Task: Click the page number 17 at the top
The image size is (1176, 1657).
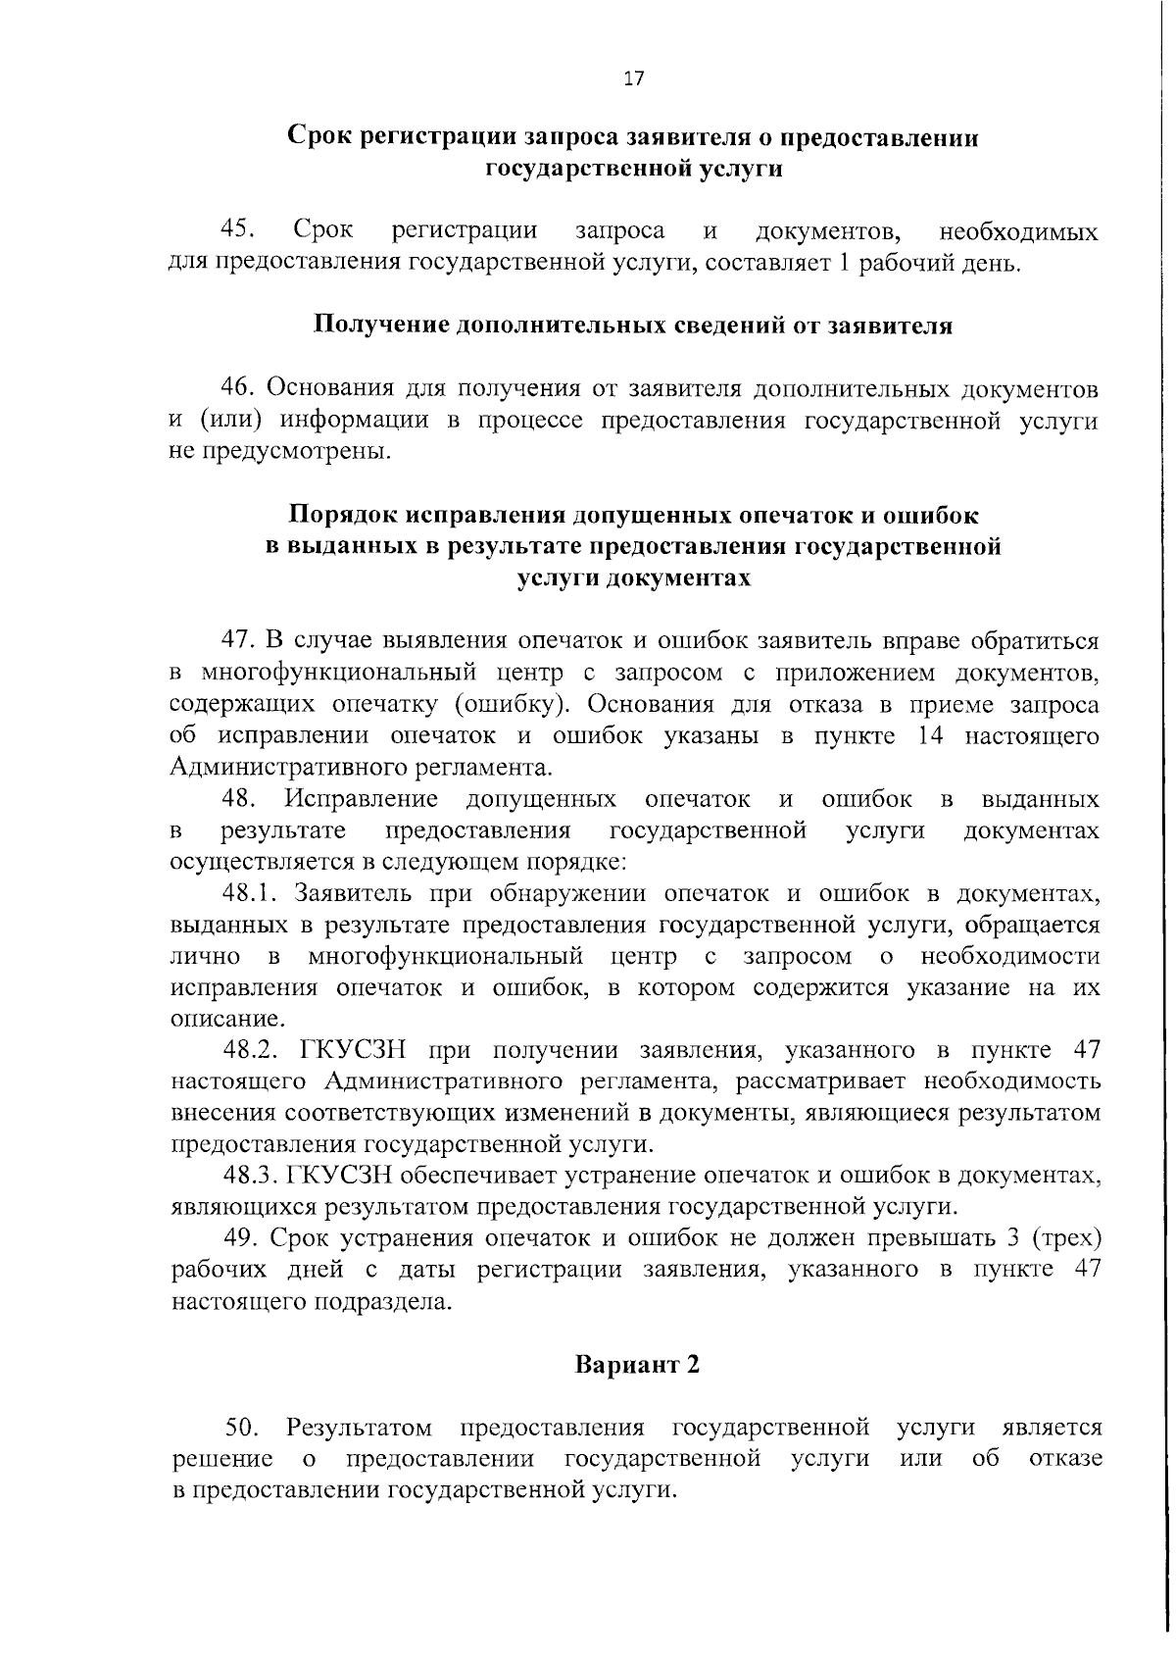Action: pos(633,79)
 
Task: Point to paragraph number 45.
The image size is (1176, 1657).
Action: pos(239,231)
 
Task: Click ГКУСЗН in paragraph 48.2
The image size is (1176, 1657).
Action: pos(350,1050)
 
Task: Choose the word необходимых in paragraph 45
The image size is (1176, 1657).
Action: pos(1018,232)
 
